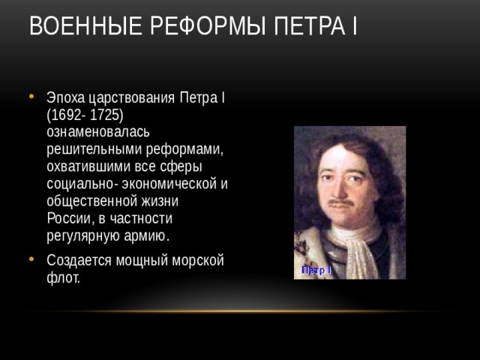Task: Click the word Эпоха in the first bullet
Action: click(65, 99)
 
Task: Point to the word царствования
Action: click(131, 99)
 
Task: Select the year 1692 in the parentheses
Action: click(67, 115)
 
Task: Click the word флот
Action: click(62, 277)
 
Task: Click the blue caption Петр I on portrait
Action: click(316, 269)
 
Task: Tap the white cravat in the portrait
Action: click(349, 247)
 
